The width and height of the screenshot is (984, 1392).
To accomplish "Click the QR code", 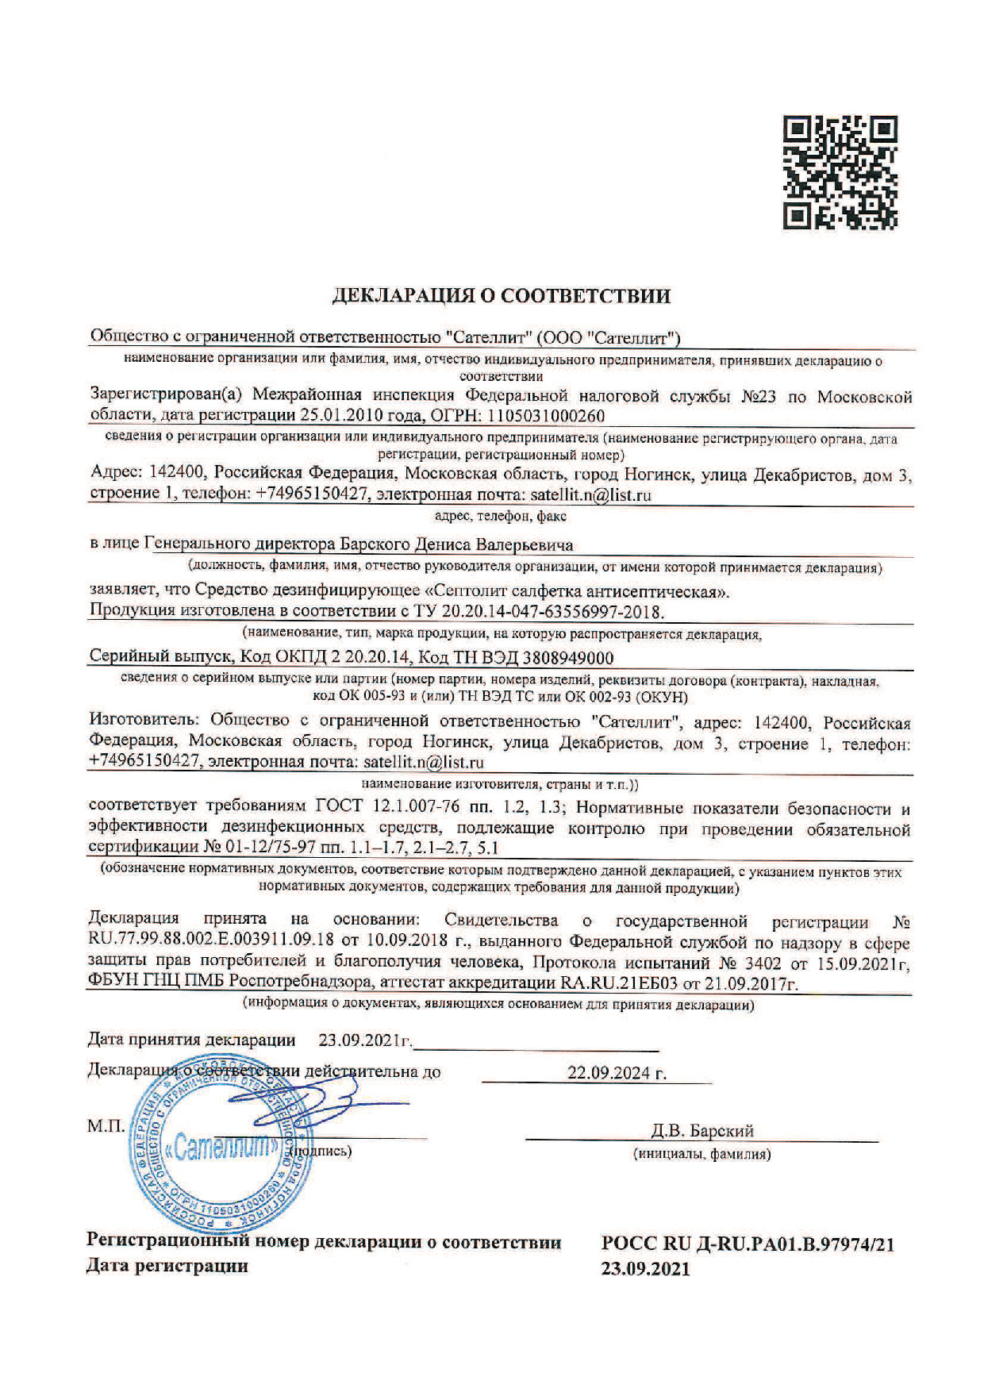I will click(840, 172).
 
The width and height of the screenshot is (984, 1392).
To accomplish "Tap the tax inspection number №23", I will click(757, 396).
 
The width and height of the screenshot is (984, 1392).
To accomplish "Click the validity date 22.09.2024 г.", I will click(617, 1074).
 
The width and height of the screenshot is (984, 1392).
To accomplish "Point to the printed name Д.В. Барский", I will click(701, 1131).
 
